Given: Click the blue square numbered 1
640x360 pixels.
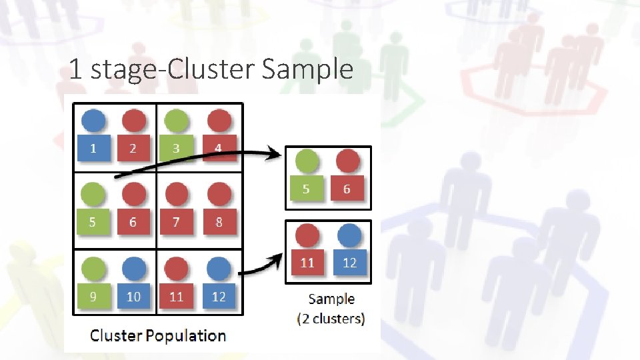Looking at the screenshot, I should pyautogui.click(x=93, y=148).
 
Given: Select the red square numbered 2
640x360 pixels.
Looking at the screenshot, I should pyautogui.click(x=133, y=148).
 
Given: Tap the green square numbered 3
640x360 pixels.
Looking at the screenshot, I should pyautogui.click(x=176, y=148).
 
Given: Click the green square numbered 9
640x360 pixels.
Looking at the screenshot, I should pyautogui.click(x=93, y=296).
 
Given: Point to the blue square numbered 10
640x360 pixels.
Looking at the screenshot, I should pyautogui.click(x=133, y=296).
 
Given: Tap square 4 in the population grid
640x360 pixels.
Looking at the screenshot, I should pyautogui.click(x=219, y=148).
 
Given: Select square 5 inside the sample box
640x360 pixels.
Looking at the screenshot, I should pyautogui.click(x=306, y=189).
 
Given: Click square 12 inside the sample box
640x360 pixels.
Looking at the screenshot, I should pyautogui.click(x=349, y=262).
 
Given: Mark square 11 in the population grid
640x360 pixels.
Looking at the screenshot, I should pyautogui.click(x=176, y=296).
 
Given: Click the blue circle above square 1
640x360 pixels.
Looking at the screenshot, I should pyautogui.click(x=93, y=121).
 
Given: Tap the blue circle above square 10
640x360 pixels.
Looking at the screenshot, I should pyautogui.click(x=133, y=268).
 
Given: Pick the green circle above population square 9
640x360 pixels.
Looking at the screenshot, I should pyautogui.click(x=93, y=268).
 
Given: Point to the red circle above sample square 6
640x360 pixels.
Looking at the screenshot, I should pyautogui.click(x=347, y=161).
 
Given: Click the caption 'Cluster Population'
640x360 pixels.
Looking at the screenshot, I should pyautogui.click(x=157, y=335).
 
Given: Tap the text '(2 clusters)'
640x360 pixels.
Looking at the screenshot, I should pyautogui.click(x=331, y=319).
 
